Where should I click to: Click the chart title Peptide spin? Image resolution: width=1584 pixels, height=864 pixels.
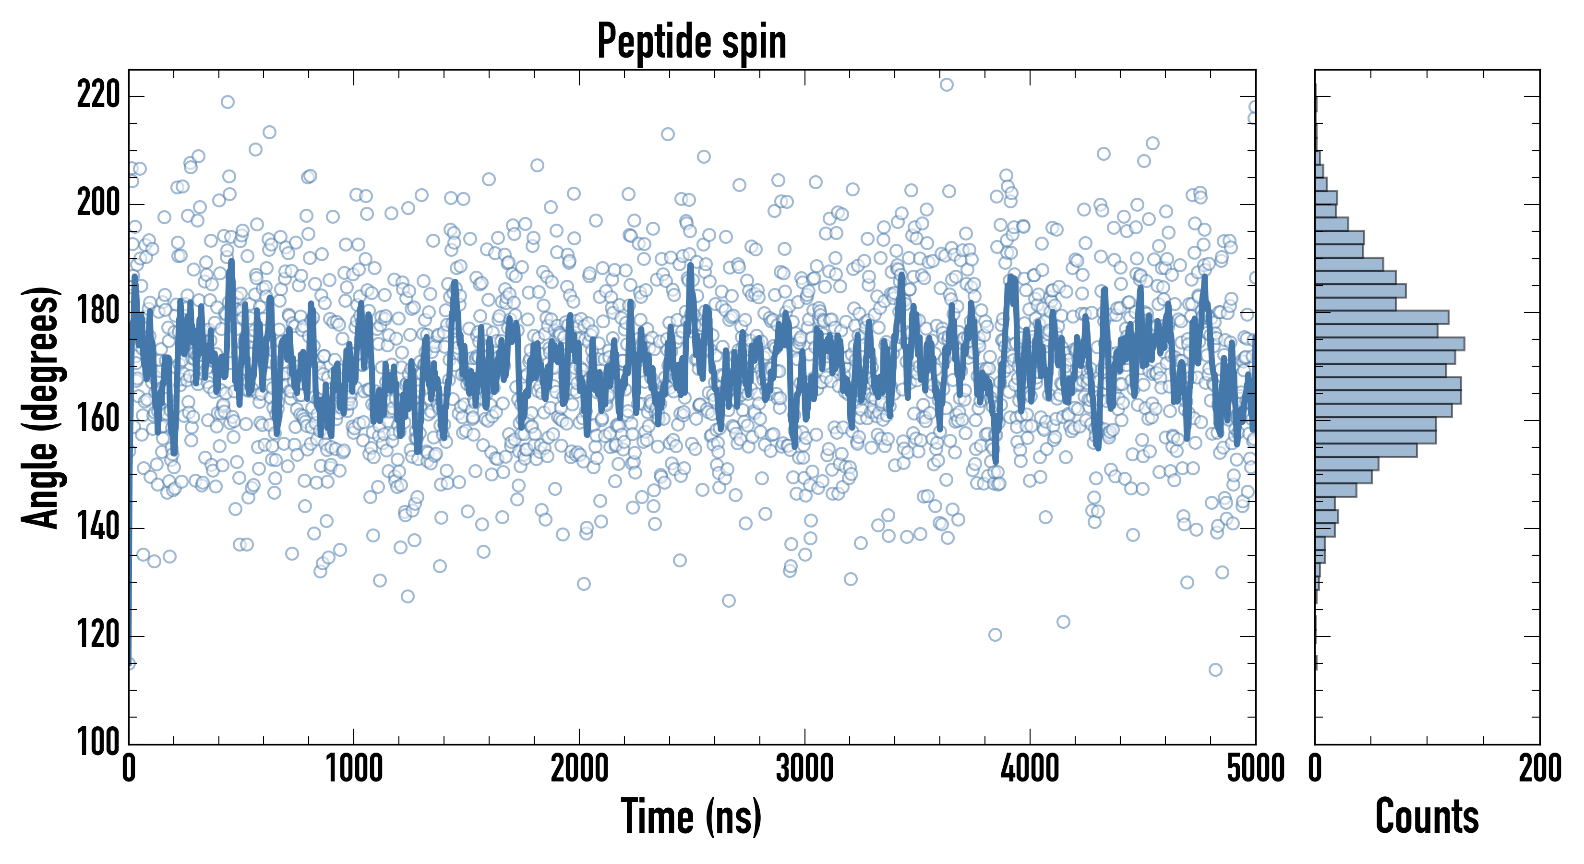point(692,42)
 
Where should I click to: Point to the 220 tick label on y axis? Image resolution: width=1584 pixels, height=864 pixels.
point(98,96)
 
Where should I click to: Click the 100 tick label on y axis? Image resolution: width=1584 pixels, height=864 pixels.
point(98,743)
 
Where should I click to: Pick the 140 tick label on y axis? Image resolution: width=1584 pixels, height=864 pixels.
point(98,528)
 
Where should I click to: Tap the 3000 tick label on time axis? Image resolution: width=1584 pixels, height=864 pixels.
point(804,768)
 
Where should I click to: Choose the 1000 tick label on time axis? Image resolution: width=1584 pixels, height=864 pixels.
point(354,768)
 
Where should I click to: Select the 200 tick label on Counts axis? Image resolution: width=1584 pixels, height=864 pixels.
point(1539,768)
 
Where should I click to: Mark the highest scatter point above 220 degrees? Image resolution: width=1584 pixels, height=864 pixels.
point(947,85)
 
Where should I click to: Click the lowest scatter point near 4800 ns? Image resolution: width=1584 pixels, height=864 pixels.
point(1215,670)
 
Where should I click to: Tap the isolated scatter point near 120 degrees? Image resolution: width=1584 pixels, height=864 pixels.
point(995,635)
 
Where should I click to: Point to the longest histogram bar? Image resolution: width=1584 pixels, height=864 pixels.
point(1390,344)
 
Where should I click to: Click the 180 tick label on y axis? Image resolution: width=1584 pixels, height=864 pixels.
point(98,312)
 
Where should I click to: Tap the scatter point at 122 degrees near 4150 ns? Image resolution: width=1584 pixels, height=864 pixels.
point(1063,622)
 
